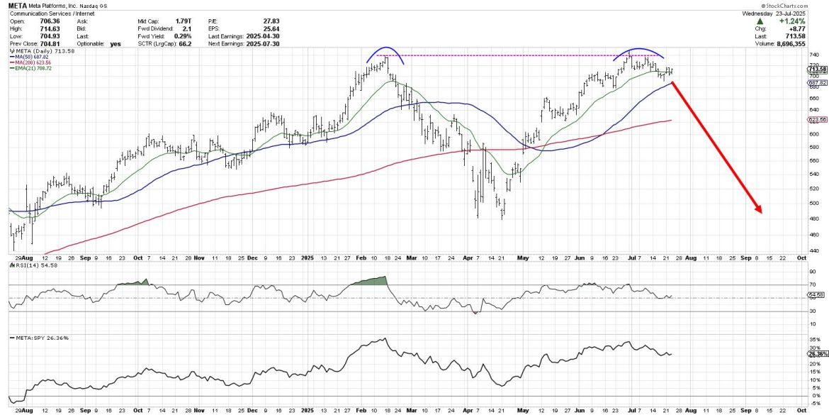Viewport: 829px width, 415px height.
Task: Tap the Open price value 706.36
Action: pos(64,22)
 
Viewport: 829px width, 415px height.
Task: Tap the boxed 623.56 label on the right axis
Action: pos(818,119)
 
